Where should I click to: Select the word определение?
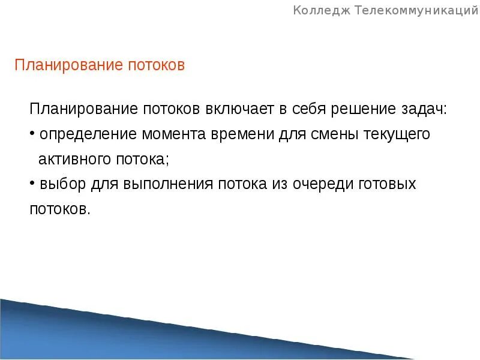pos(80,134)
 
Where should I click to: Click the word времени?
pos(242,134)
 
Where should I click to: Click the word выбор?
pos(63,184)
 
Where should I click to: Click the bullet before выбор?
pos(32,183)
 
